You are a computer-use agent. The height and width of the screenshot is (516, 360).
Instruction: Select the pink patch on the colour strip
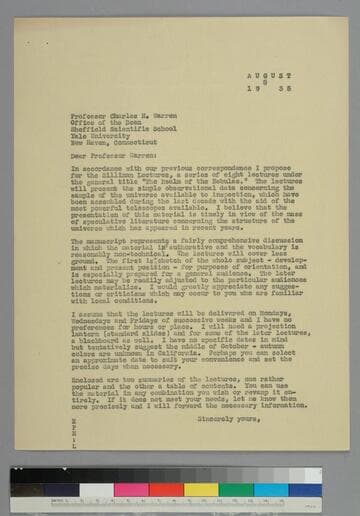coord(131,490)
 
